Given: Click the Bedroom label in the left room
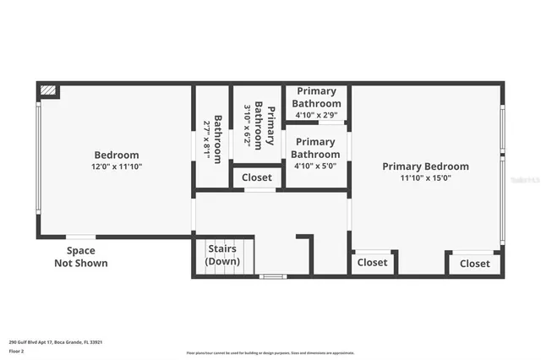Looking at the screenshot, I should pos(116,155).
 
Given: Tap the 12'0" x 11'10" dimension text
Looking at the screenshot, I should pos(116,166).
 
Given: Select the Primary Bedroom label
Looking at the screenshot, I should pos(425,166).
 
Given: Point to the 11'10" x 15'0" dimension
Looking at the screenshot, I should pos(425,177).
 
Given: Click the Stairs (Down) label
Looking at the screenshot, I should pos(223,255).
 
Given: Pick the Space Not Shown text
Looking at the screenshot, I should pos(81,257).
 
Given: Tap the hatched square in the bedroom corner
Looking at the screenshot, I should pos(49,90).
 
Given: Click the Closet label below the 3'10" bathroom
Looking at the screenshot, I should pos(257,177).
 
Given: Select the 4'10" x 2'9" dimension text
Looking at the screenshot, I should pos(315,114).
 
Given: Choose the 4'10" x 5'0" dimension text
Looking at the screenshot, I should pos(315,166).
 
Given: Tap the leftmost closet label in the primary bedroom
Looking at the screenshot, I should pos(372,263).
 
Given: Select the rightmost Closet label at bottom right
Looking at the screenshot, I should pos(474,264).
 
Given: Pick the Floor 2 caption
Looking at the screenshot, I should pos(16,350).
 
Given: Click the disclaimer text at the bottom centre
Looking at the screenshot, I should pos(270,352).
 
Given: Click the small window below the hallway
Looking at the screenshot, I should pos(272,276).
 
